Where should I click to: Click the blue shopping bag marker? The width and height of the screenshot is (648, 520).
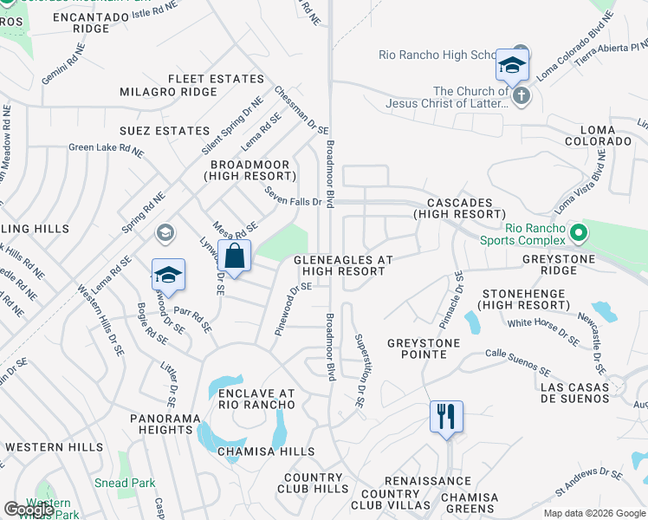tap(234, 257)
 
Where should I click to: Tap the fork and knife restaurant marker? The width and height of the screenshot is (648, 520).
tap(446, 417)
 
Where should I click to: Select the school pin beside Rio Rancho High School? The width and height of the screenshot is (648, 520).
tap(512, 66)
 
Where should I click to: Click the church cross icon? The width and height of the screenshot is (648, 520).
tap(520, 95)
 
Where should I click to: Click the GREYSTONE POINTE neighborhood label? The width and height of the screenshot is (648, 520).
tap(424, 349)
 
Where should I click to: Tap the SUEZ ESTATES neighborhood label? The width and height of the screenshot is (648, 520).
tap(165, 131)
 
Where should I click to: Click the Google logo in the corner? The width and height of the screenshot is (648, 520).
tap(29, 510)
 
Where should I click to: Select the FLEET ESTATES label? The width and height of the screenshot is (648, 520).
tap(216, 79)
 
